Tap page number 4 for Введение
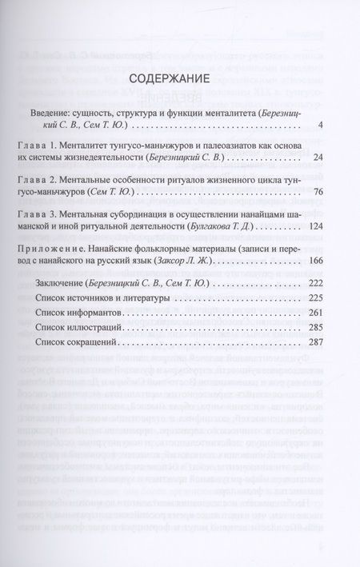coord(319,126)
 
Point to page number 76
coord(317,193)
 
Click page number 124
coord(314,226)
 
